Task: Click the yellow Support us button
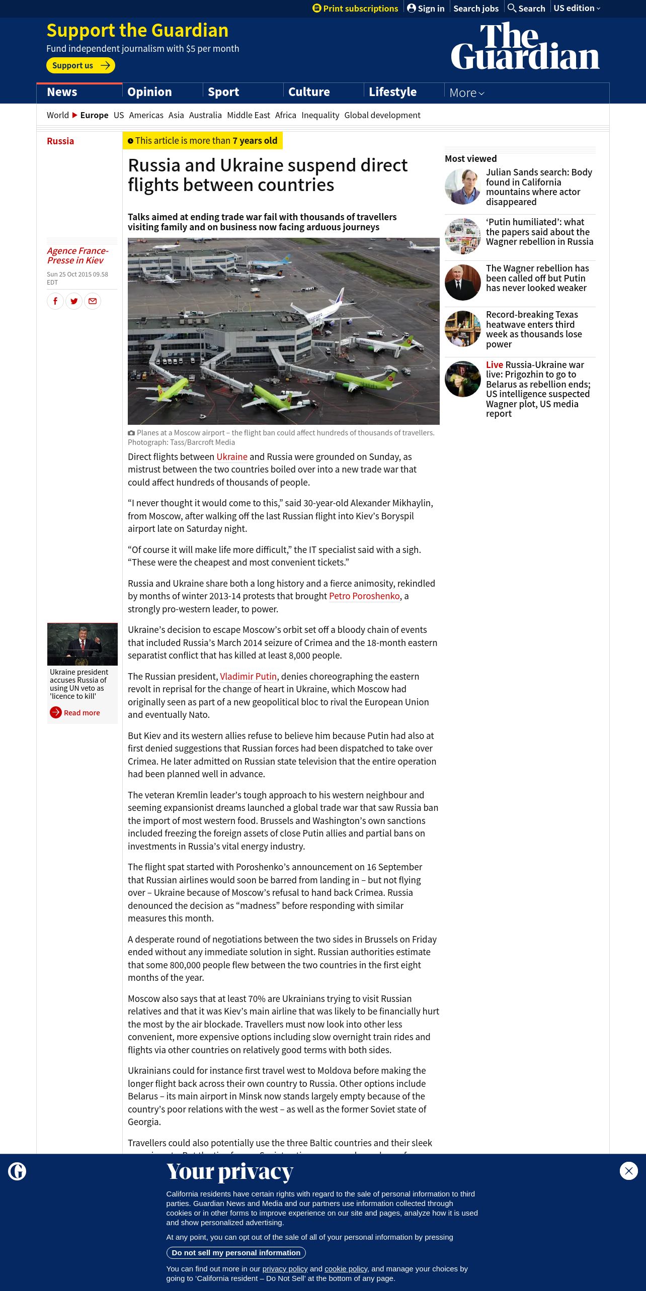(x=80, y=65)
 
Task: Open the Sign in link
(x=426, y=9)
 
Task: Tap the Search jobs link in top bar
(x=476, y=9)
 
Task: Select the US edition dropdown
(x=577, y=9)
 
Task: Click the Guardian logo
(x=525, y=46)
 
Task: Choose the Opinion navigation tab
(x=149, y=93)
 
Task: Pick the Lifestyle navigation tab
(x=392, y=93)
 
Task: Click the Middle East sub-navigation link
(x=249, y=115)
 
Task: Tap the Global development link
(x=382, y=115)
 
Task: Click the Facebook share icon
(x=55, y=301)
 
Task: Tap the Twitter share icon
(x=74, y=301)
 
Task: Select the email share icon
(x=93, y=301)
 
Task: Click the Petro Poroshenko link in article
(x=364, y=596)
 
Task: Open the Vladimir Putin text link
(x=248, y=677)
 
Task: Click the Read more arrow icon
(x=56, y=713)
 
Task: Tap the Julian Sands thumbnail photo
(x=463, y=187)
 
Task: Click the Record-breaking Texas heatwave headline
(x=534, y=329)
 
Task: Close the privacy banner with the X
(x=628, y=1171)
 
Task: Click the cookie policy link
(x=346, y=1269)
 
